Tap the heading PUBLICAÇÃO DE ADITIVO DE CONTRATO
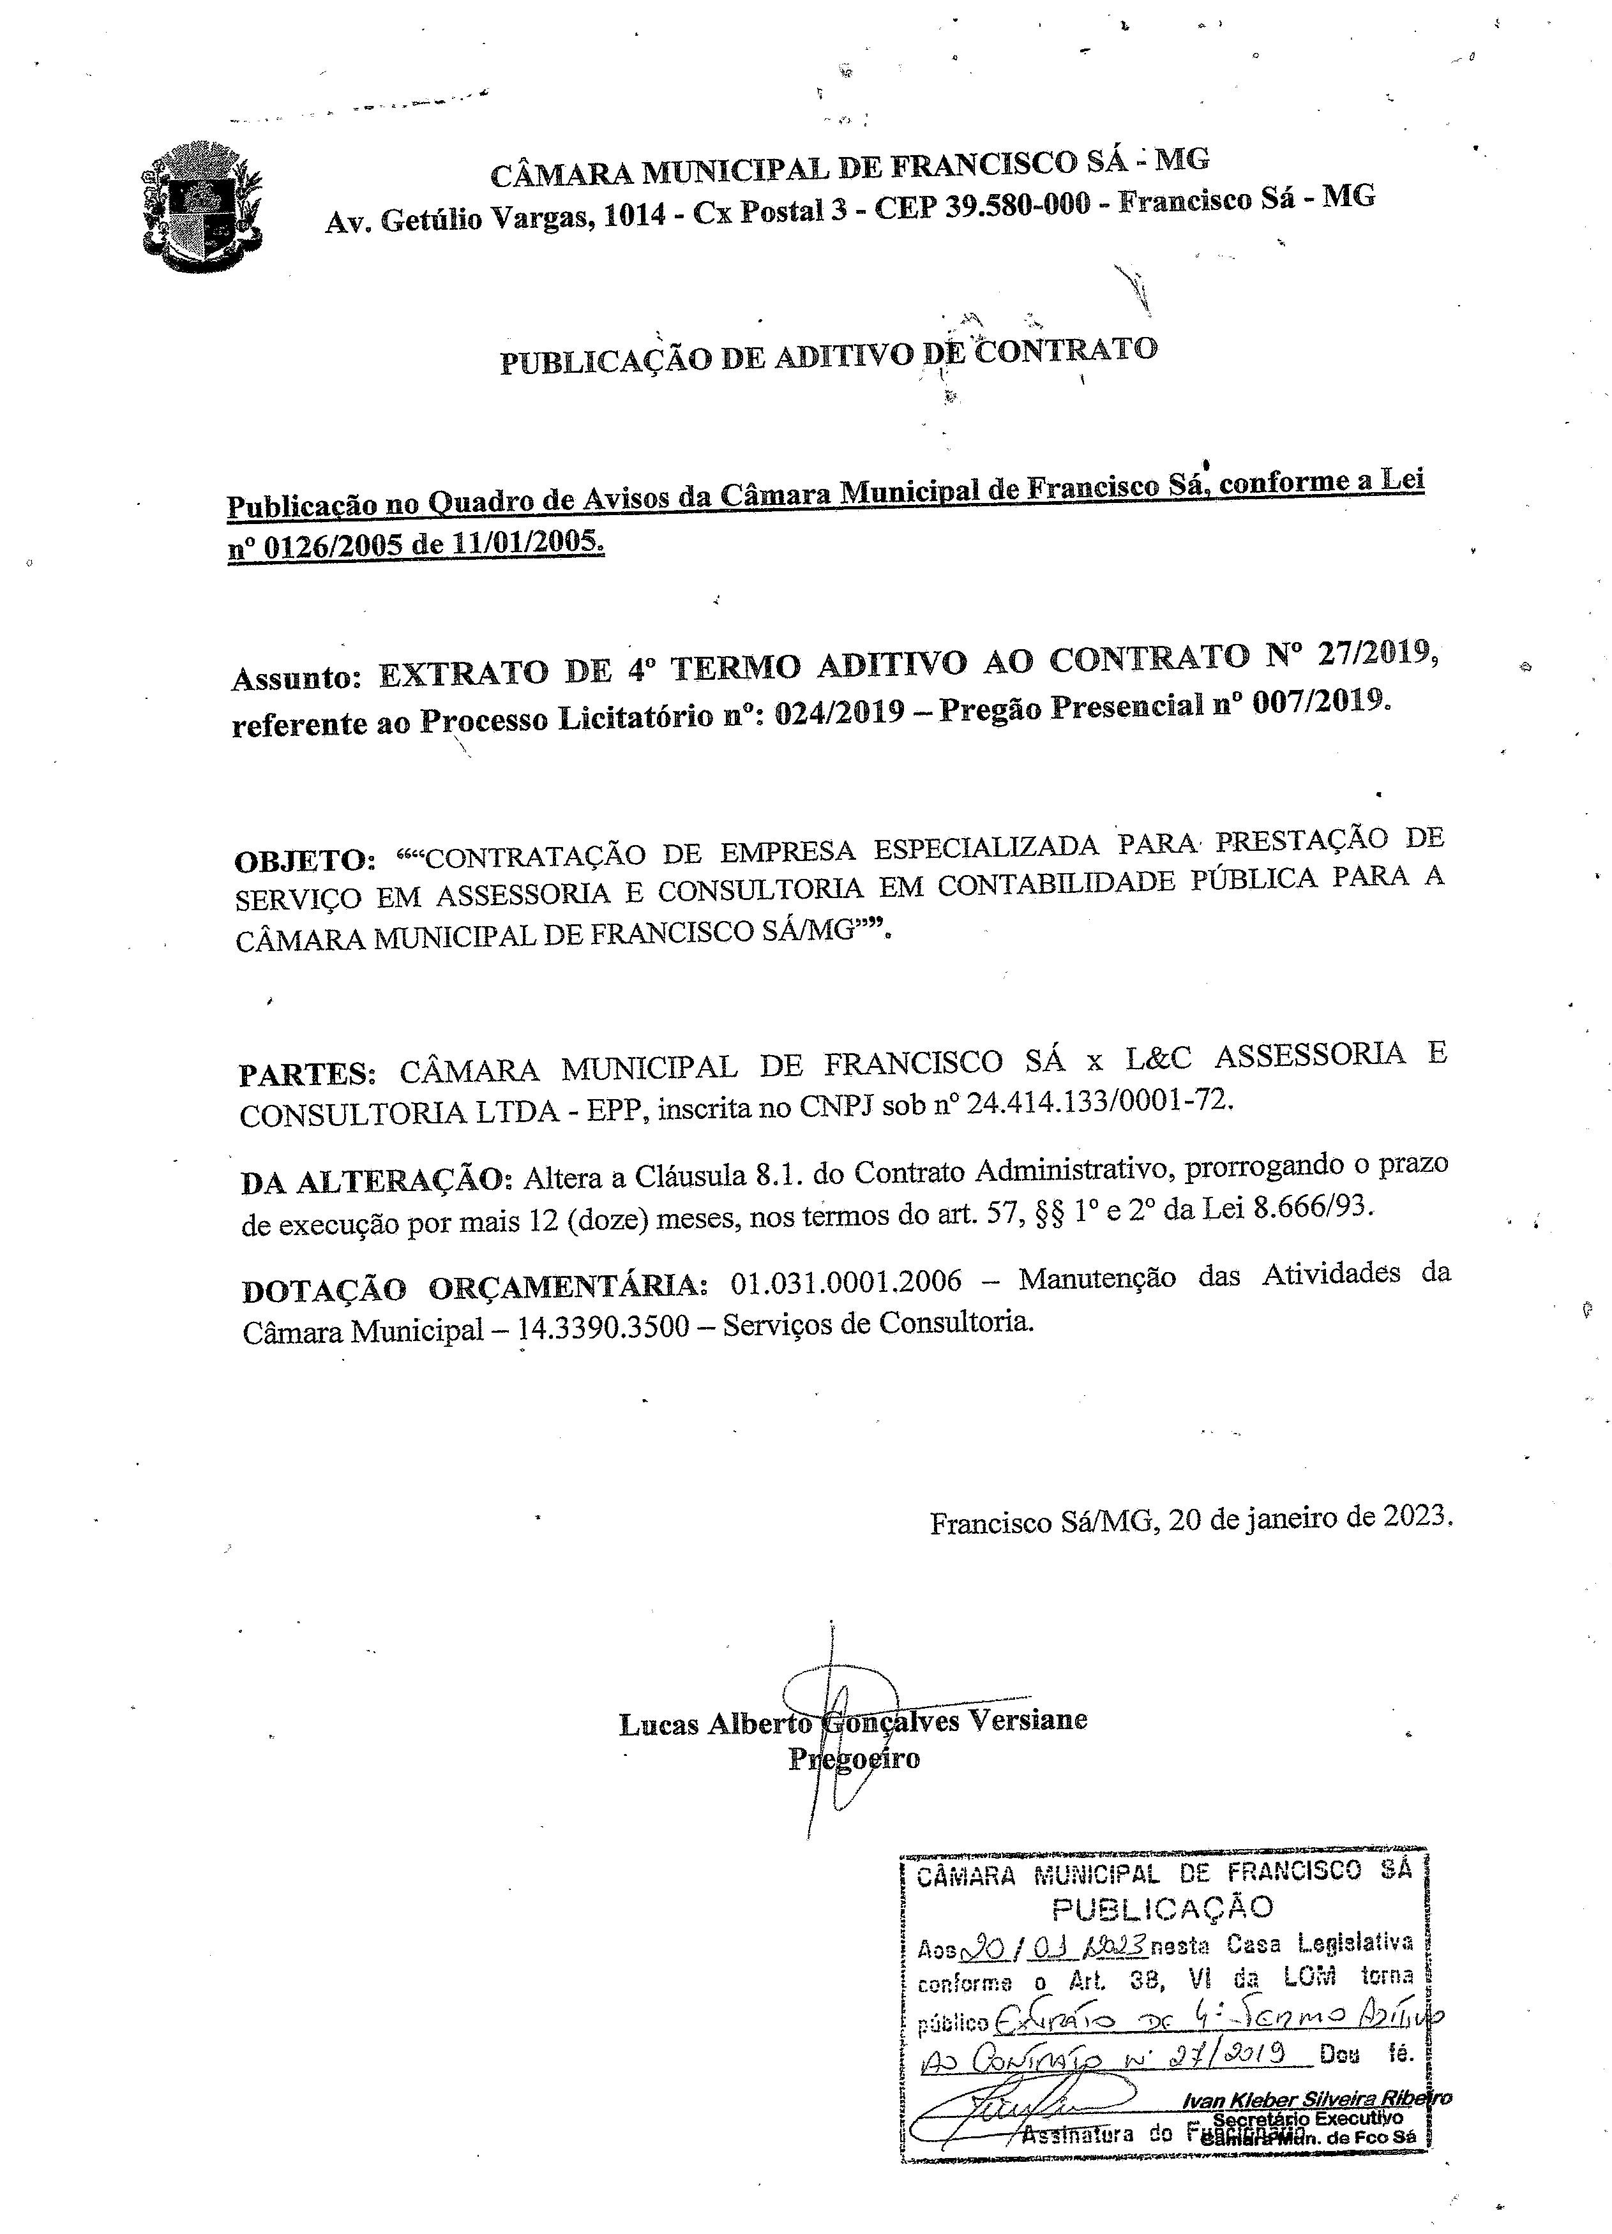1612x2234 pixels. coord(827,356)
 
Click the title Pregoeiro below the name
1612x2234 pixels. coord(854,1759)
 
